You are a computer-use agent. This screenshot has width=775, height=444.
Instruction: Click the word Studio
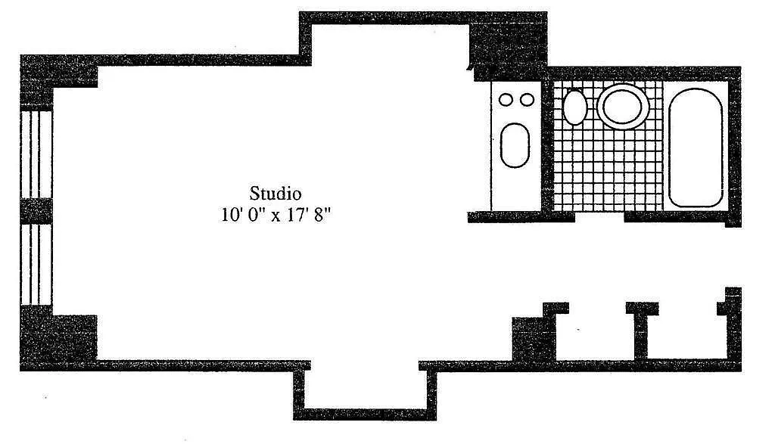pyautogui.click(x=275, y=193)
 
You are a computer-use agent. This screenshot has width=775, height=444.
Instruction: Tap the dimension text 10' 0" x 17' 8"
pyautogui.click(x=275, y=216)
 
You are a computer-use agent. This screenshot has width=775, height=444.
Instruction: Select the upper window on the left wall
pyautogui.click(x=36, y=154)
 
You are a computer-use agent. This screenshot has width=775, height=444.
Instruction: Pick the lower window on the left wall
pyautogui.click(x=36, y=264)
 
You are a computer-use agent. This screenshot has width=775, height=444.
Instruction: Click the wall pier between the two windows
pyautogui.click(x=36, y=211)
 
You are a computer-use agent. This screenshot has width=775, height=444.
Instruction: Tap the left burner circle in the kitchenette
pyautogui.click(x=506, y=100)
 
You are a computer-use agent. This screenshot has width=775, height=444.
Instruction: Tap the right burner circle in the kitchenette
pyautogui.click(x=528, y=100)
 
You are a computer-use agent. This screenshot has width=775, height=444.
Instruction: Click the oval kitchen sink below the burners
pyautogui.click(x=515, y=144)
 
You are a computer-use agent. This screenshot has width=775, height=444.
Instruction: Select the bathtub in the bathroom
pyautogui.click(x=696, y=147)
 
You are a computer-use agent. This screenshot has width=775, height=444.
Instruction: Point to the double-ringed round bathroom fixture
pyautogui.click(x=622, y=107)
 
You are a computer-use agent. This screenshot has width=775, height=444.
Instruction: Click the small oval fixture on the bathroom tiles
pyautogui.click(x=575, y=107)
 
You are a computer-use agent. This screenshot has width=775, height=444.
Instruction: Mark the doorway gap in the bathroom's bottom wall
pyautogui.click(x=599, y=216)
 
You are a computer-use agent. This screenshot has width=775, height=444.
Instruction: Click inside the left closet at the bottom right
pyautogui.click(x=595, y=336)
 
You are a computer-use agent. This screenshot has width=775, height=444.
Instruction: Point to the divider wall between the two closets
pyautogui.click(x=641, y=331)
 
